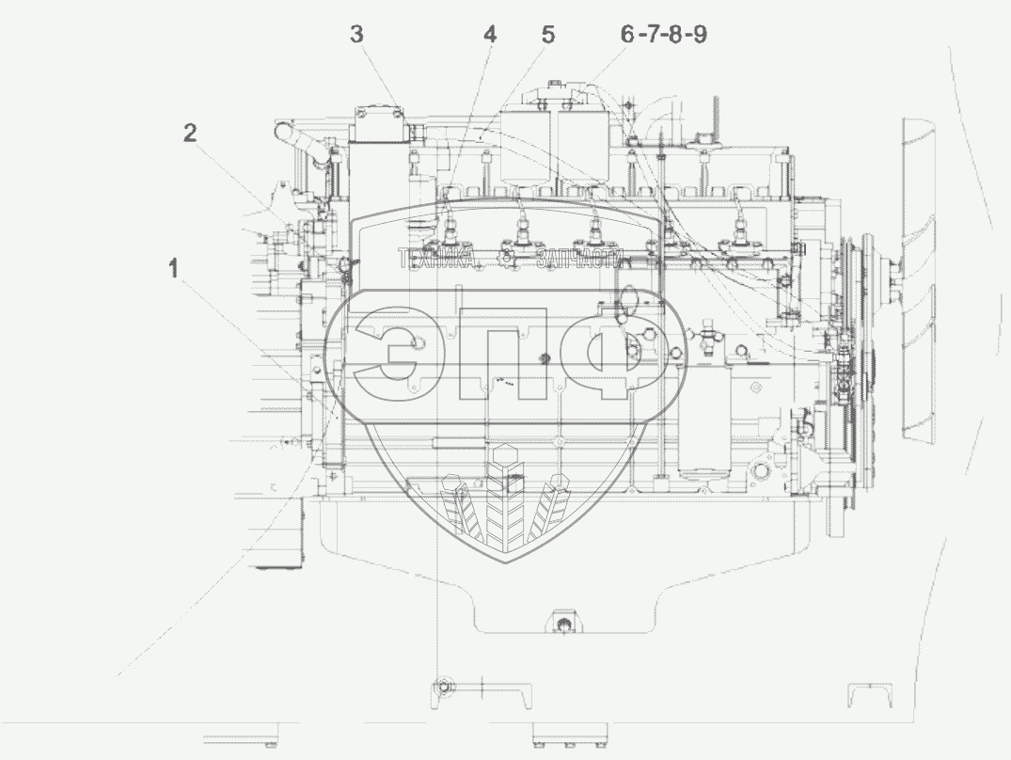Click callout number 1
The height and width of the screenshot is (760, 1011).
pyautogui.click(x=173, y=269)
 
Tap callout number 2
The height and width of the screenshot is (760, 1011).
pyautogui.click(x=190, y=134)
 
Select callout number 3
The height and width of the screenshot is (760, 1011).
pyautogui.click(x=356, y=34)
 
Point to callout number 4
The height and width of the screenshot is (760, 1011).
pyautogui.click(x=491, y=34)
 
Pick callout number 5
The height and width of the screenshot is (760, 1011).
pyautogui.click(x=548, y=34)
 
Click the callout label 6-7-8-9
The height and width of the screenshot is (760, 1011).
pyautogui.click(x=664, y=34)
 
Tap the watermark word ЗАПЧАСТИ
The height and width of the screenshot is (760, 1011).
pyautogui.click(x=580, y=259)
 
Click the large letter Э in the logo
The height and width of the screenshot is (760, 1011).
pyautogui.click(x=387, y=354)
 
